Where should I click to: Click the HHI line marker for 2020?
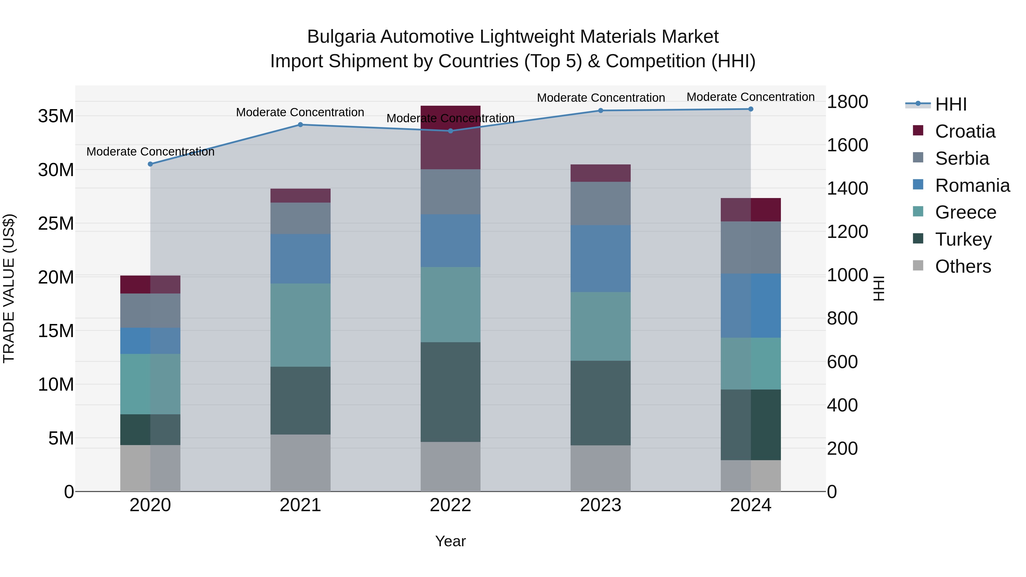pyautogui.click(x=150, y=164)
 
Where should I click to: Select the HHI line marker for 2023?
pyautogui.click(x=600, y=111)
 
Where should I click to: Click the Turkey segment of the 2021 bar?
pyautogui.click(x=300, y=400)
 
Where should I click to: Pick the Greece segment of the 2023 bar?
pyautogui.click(x=600, y=326)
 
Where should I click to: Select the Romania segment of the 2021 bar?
pyautogui.click(x=300, y=259)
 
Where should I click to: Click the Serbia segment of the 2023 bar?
pyautogui.click(x=600, y=203)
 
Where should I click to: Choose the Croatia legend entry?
pyautogui.click(x=965, y=131)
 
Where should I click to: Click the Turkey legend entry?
pyautogui.click(x=963, y=239)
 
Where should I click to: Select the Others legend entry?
pyautogui.click(x=963, y=266)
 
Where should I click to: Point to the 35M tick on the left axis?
pyautogui.click(x=56, y=116)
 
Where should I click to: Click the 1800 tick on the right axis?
pyautogui.click(x=847, y=102)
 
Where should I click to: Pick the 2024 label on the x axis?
pyautogui.click(x=750, y=505)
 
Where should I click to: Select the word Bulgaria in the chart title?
pyautogui.click(x=341, y=37)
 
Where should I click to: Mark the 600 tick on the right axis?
pyautogui.click(x=842, y=362)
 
